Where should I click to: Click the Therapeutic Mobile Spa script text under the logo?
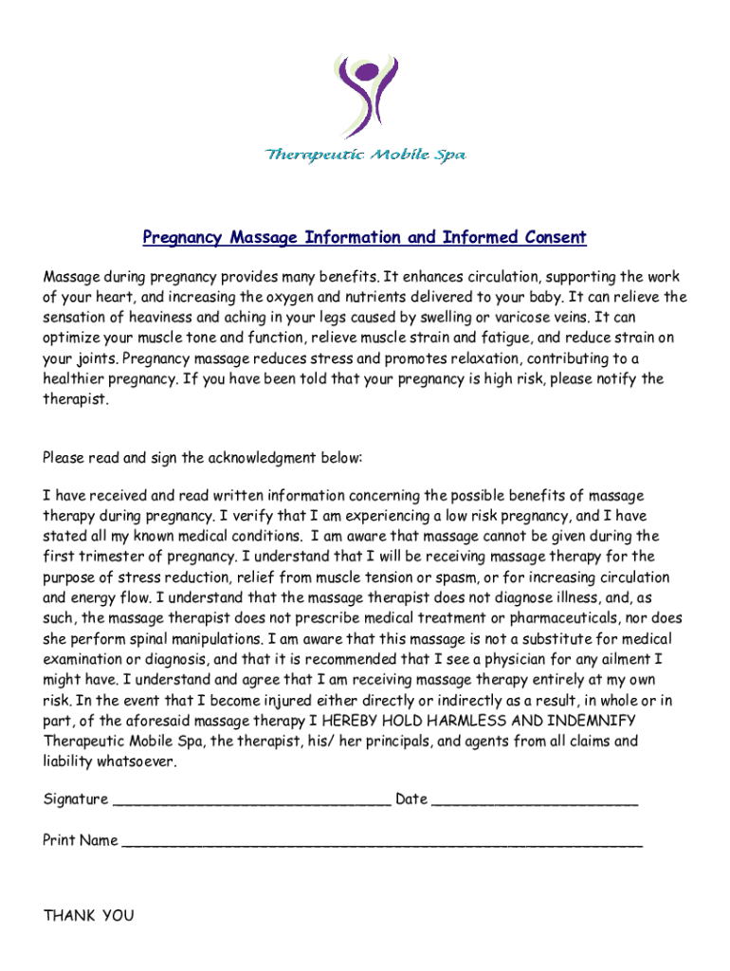coord(365,155)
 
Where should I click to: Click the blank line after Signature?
coord(251,801)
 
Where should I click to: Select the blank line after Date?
coord(535,801)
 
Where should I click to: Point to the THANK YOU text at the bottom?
coord(89,915)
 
